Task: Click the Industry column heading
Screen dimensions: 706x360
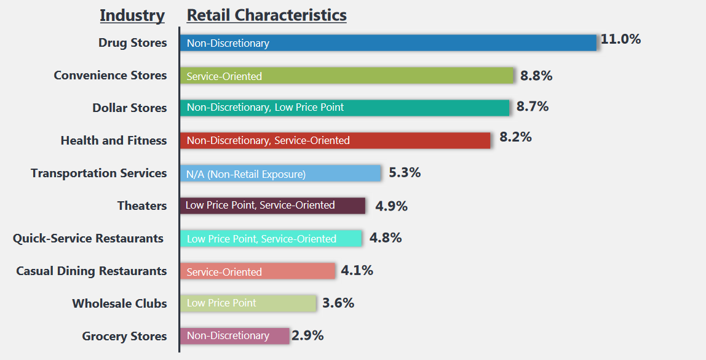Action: click(x=132, y=15)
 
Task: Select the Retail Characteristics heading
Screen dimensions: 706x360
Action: click(x=266, y=15)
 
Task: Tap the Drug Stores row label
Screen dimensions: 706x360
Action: click(x=133, y=43)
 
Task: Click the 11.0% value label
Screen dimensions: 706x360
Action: click(x=621, y=39)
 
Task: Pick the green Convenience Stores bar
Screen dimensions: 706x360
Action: click(x=347, y=76)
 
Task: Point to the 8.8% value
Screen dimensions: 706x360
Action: click(x=536, y=76)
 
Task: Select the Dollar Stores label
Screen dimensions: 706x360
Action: click(x=130, y=108)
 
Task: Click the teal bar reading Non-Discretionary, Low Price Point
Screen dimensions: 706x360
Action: click(x=344, y=108)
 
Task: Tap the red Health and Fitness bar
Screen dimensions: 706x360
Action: click(x=335, y=140)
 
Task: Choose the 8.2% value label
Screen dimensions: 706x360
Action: click(x=515, y=137)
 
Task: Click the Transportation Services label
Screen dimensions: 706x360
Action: click(x=98, y=174)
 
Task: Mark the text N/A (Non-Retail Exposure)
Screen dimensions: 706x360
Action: click(x=246, y=174)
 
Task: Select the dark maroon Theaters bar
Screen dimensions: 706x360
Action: click(x=272, y=206)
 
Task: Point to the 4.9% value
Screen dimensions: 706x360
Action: click(x=391, y=206)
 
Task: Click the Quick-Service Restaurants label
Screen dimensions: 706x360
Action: click(x=88, y=238)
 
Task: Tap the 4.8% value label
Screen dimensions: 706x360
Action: click(x=386, y=238)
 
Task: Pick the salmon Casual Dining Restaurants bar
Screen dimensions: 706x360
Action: click(x=258, y=271)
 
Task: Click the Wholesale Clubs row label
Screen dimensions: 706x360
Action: click(x=119, y=303)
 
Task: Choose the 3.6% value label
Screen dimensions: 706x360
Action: click(x=338, y=303)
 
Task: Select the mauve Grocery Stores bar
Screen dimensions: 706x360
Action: click(x=234, y=336)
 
